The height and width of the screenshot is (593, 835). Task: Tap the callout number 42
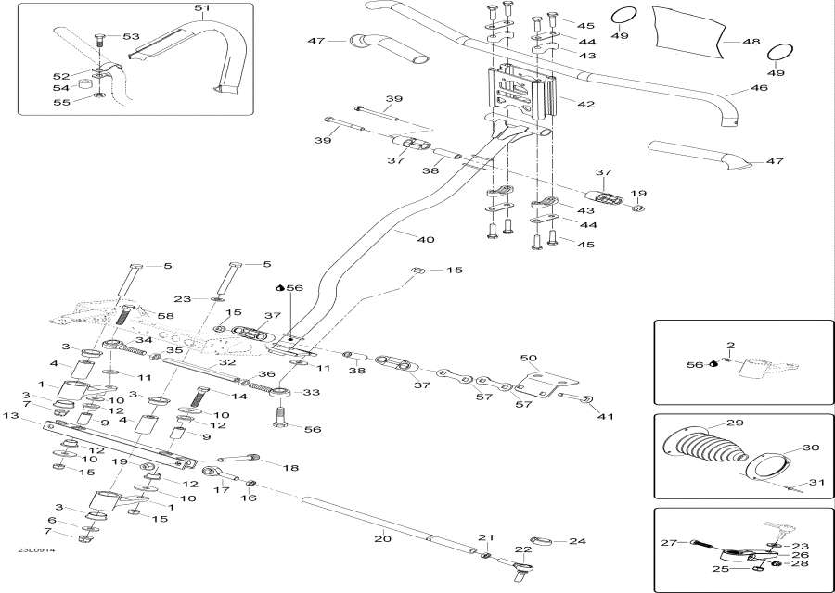coord(585,105)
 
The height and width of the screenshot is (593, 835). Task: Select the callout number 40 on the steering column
coord(426,240)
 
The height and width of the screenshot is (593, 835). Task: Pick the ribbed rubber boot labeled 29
coord(710,449)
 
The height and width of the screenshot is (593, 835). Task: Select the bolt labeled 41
coord(573,399)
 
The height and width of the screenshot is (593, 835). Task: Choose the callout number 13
coord(10,416)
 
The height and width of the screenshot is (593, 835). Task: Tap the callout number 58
coord(166,317)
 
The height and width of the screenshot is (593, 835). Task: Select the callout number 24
coord(577,541)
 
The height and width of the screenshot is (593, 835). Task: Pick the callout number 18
coord(290,469)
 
